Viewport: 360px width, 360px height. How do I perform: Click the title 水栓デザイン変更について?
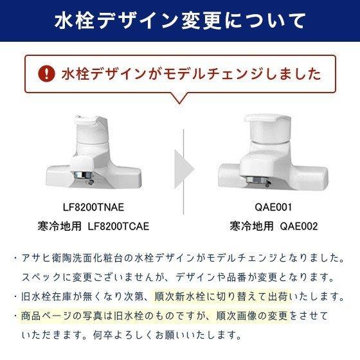pyautogui.click(x=179, y=19)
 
